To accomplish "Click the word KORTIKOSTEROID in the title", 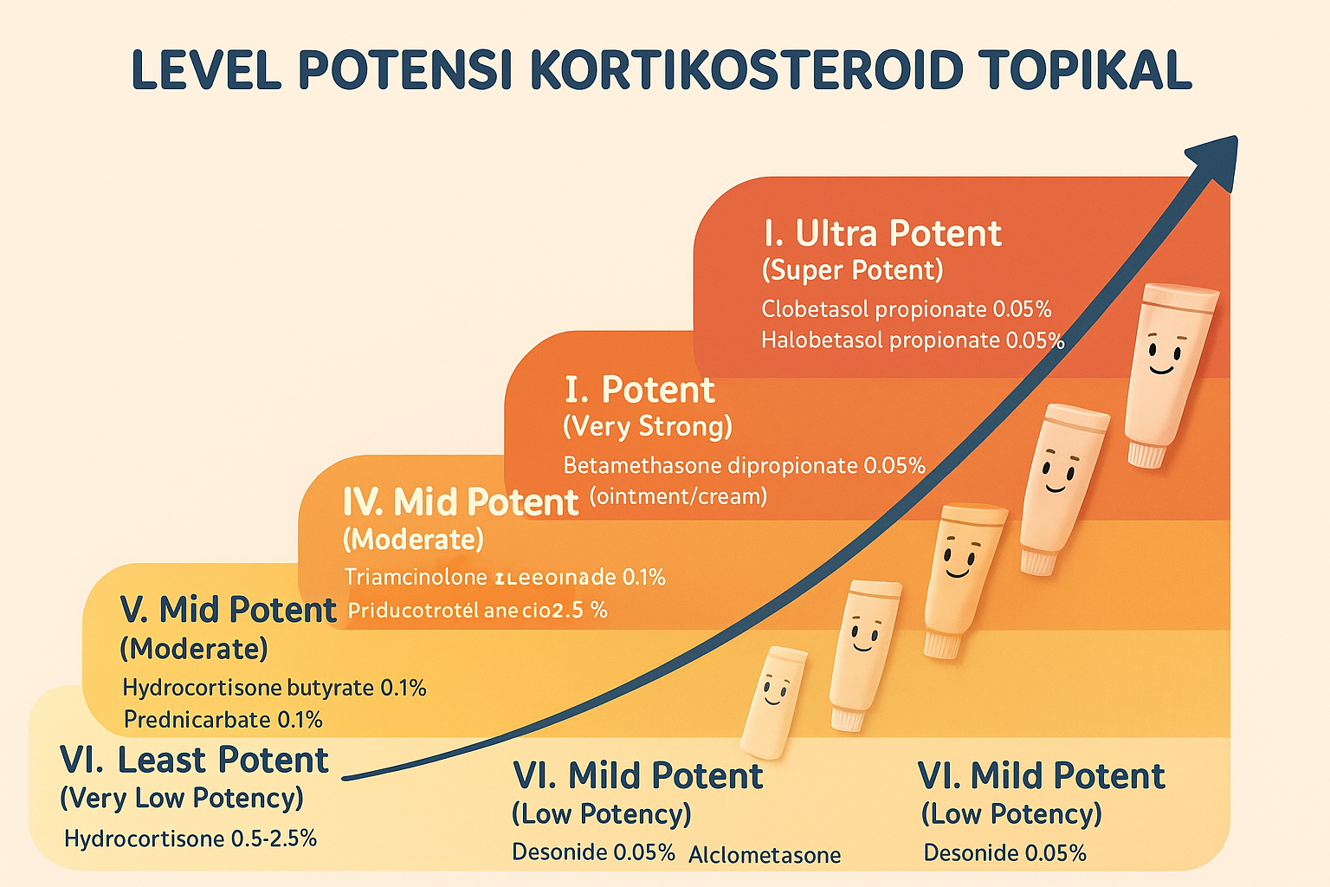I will (746, 71).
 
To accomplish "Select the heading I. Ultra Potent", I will (881, 234).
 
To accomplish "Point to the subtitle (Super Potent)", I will (852, 270).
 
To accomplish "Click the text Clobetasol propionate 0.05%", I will (906, 309).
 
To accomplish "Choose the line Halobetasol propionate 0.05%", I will (913, 340).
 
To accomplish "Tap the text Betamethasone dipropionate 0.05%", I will (744, 466).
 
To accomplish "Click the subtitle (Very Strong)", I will (648, 426).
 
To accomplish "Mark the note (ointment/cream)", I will (678, 496).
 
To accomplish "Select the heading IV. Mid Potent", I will (460, 502).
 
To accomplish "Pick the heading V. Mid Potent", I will (228, 611).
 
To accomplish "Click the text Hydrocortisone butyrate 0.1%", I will (274, 688).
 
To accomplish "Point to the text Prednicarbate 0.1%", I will (223, 720).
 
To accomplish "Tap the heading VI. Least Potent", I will (194, 761).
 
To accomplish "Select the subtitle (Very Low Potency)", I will (182, 798).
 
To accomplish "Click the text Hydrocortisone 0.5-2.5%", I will (190, 838).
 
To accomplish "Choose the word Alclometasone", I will (765, 856).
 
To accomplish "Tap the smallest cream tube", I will (774, 702).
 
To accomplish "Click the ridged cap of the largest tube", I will (1146, 453).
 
